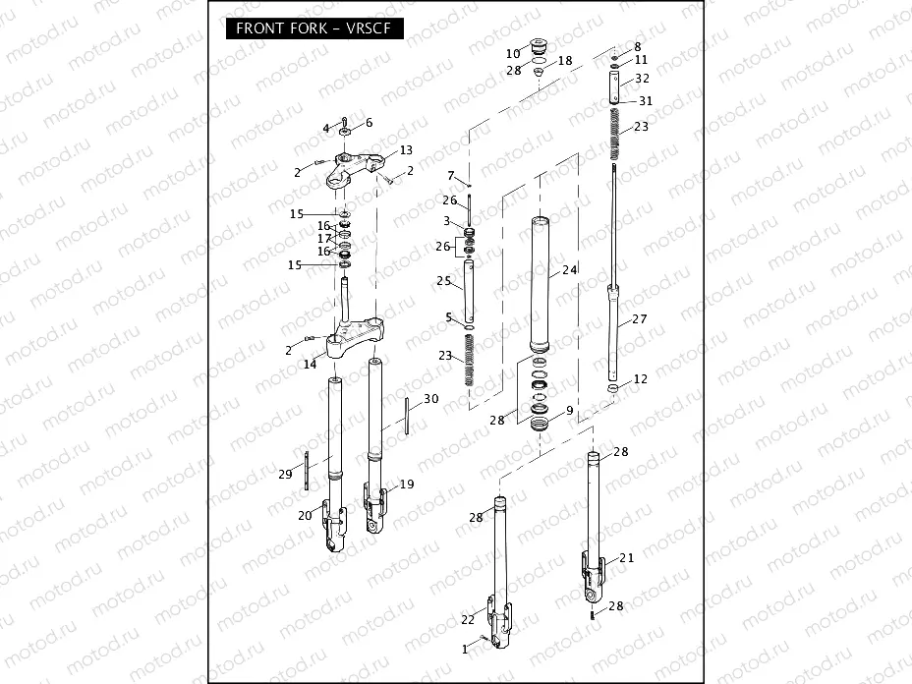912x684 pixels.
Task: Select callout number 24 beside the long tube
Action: (569, 270)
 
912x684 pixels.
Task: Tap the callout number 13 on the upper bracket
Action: (405, 151)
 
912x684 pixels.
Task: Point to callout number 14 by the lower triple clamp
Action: (310, 364)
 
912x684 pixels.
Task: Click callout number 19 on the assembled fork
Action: (406, 484)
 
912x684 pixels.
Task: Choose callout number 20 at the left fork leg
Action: (304, 514)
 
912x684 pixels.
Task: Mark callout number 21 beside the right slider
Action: (626, 558)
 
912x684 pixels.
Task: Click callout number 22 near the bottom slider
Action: (468, 619)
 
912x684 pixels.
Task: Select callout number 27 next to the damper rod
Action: (639, 319)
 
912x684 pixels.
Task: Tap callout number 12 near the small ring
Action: (640, 378)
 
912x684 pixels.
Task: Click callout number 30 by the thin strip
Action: (430, 398)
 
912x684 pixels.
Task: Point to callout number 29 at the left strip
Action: (285, 475)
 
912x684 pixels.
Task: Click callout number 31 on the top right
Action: (646, 101)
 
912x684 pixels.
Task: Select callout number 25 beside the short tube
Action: (445, 282)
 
